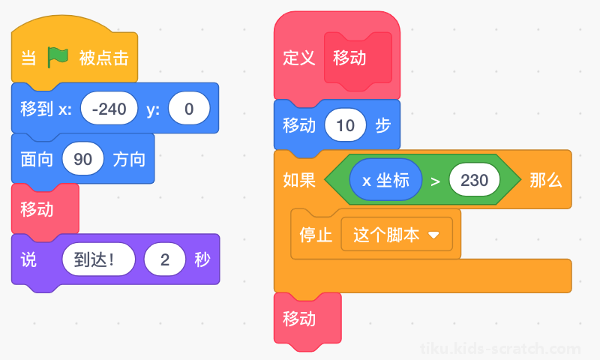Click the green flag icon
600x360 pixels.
point(58,58)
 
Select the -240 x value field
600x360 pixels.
point(109,109)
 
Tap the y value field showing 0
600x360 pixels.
point(189,109)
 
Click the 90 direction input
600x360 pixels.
point(83,159)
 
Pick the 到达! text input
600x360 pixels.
point(99,259)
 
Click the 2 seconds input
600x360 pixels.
point(165,259)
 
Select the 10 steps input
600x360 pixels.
point(345,125)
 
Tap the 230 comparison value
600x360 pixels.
point(475,180)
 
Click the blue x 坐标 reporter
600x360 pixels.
point(385,180)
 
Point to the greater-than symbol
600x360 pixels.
point(436,181)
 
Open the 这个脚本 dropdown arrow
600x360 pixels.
point(433,235)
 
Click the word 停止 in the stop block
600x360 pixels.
point(316,235)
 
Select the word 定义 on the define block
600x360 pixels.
point(298,58)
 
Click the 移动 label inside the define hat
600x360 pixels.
point(349,58)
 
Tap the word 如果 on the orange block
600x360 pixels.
point(299,180)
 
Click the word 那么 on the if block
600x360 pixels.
point(546,180)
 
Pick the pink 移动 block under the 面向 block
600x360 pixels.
point(45,209)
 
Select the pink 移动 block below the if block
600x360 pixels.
point(307,318)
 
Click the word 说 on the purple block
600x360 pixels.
point(28,259)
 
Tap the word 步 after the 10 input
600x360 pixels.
point(383,125)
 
